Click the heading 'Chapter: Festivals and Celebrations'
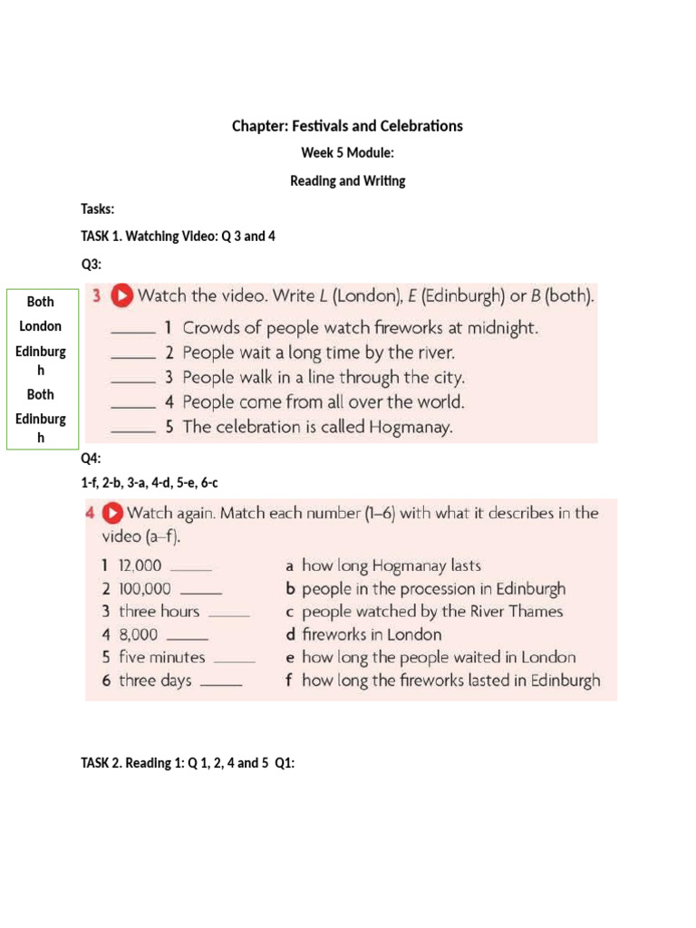(x=347, y=126)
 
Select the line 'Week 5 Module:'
(x=347, y=153)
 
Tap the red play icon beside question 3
(x=122, y=295)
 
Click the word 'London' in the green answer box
(x=41, y=325)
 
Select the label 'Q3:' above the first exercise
(x=92, y=264)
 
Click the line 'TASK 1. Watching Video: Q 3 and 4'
(x=178, y=237)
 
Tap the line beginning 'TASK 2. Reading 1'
(x=188, y=764)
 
